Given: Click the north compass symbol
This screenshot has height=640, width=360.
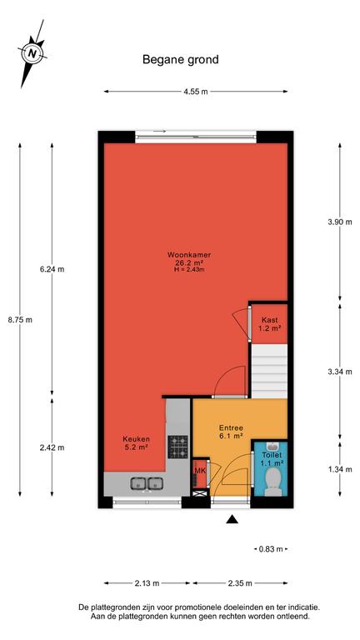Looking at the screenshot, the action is [32, 53].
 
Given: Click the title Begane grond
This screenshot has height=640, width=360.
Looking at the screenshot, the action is [180, 60].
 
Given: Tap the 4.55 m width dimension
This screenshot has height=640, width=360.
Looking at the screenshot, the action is [196, 92].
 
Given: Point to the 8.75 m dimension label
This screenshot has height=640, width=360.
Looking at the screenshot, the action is [20, 320].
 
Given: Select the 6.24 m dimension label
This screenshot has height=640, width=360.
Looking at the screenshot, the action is [52, 269].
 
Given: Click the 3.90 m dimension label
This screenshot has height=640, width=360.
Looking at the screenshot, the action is [340, 222].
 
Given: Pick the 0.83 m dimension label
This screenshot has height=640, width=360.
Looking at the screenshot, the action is [271, 549].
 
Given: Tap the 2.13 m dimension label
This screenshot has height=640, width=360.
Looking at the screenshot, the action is [147, 582].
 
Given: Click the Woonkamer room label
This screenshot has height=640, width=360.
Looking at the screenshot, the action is [189, 255].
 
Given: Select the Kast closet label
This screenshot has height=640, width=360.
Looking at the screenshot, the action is [269, 320].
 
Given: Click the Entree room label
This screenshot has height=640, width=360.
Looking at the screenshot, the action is [231, 428].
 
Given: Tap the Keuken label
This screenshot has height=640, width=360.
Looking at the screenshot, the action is [137, 439].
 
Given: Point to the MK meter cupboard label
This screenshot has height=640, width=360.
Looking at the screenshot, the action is [200, 471].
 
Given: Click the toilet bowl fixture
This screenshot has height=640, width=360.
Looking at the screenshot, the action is [272, 482].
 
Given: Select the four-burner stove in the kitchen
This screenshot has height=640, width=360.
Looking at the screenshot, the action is [178, 447].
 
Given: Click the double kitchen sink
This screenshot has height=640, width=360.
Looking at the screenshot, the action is [147, 483].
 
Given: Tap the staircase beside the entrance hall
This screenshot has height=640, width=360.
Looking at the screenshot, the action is [269, 371].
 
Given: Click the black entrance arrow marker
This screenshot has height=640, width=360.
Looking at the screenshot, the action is [232, 519].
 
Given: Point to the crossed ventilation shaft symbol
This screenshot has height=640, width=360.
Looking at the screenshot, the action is [200, 493].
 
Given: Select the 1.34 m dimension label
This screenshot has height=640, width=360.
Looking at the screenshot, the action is [340, 469].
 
